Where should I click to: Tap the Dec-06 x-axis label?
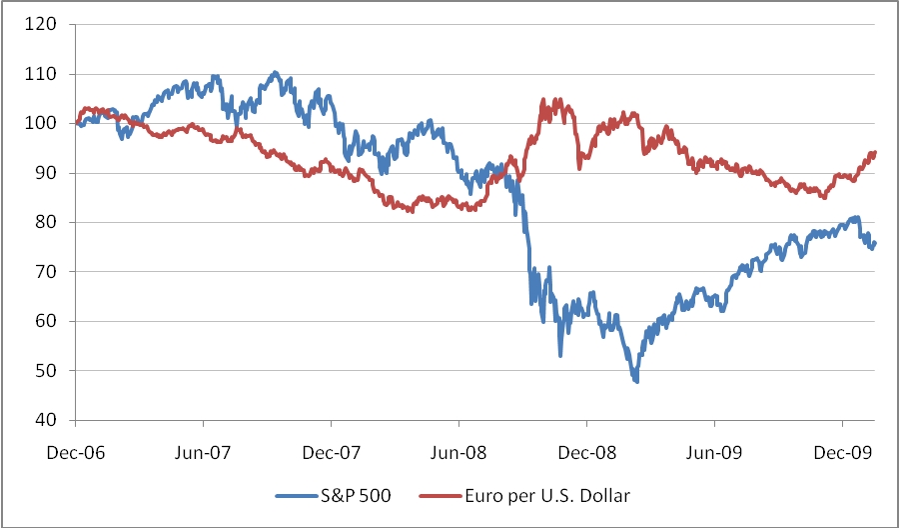(x=76, y=451)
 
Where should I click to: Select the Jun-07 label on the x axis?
(x=204, y=451)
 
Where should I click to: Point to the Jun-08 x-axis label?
(x=460, y=451)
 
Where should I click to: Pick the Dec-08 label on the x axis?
(x=588, y=451)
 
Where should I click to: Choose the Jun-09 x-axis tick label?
(x=716, y=451)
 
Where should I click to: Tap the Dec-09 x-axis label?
(x=844, y=451)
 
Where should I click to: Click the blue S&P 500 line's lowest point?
(x=636, y=381)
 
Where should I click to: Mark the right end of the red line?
(x=875, y=152)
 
